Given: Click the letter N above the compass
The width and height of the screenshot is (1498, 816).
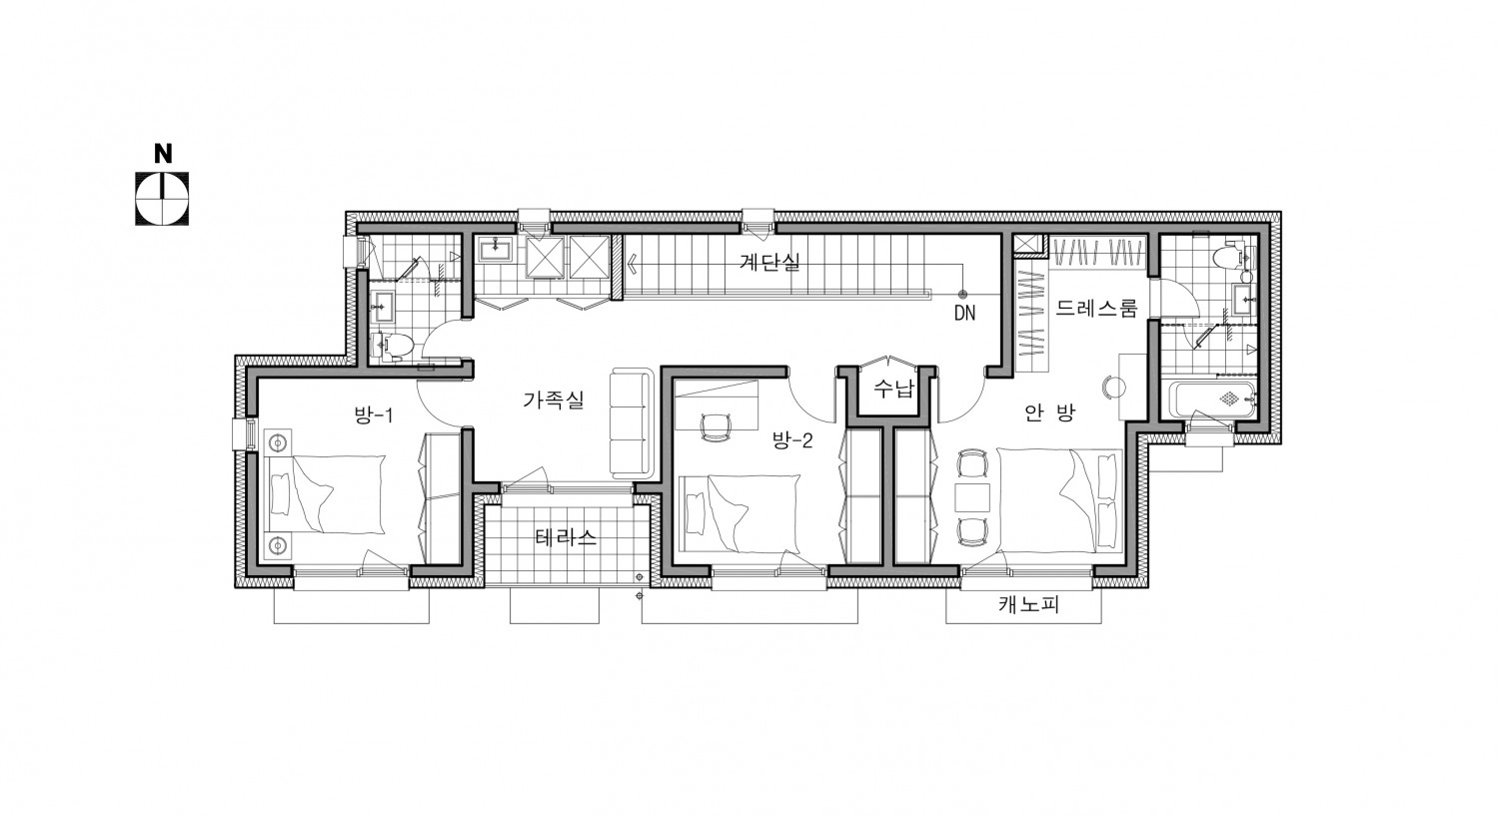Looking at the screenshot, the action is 163,153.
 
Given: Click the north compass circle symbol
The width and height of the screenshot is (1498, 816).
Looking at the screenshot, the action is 162,199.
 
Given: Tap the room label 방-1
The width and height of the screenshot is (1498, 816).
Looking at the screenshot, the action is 373,415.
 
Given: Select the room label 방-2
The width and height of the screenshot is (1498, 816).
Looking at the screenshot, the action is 792,439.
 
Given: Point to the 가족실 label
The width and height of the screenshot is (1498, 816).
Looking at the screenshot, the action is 553,400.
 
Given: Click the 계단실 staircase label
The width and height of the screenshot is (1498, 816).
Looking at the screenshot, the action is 769,262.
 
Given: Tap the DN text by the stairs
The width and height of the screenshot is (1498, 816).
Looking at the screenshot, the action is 964,313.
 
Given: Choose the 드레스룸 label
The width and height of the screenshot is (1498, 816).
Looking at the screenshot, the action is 1096,308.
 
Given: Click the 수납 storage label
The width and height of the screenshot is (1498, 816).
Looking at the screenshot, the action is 893,389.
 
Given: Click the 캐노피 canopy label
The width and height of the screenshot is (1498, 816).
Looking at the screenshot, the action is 1029,605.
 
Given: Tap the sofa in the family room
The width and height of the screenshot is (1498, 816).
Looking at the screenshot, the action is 630,423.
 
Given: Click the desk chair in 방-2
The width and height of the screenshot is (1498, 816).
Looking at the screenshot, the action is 714,426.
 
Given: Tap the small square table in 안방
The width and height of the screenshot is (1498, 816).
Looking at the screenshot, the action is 971,497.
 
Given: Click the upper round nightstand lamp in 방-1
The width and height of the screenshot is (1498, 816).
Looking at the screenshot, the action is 279,441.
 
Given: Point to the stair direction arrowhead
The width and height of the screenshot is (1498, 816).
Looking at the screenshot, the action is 632,263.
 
